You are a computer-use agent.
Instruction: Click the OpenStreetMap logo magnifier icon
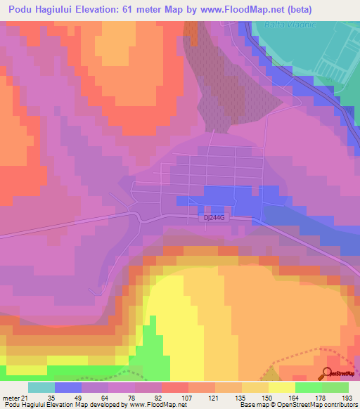click(x=327, y=373)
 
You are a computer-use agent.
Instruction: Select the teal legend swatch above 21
click(x=41, y=387)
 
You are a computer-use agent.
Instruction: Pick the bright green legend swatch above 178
click(x=308, y=387)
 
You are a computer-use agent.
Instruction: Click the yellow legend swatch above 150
click(x=255, y=387)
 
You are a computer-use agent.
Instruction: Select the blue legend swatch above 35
click(x=67, y=387)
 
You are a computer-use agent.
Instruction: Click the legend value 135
click(x=226, y=397)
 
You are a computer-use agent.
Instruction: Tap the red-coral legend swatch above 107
click(x=174, y=387)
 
